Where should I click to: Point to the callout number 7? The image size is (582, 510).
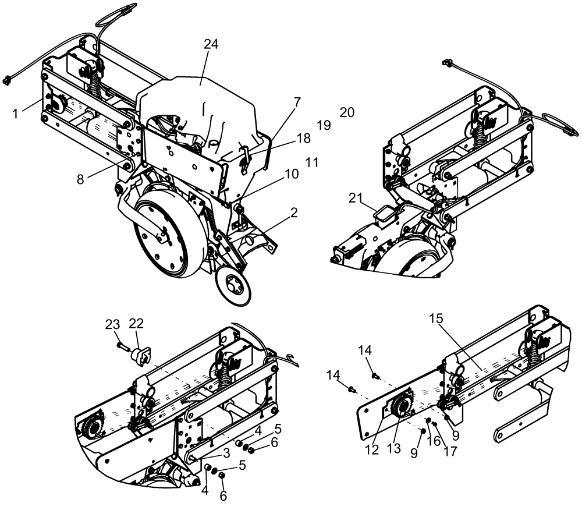coord(297,102)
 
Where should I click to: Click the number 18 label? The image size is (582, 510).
coord(303,138)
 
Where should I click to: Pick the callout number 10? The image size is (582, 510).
coord(291,173)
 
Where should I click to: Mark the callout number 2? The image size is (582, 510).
coord(294,212)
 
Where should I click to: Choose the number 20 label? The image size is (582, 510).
coord(347,112)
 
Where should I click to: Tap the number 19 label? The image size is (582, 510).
coord(324,125)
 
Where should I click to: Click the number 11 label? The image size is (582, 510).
coord(312,162)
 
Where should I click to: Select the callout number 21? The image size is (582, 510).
coord(356,199)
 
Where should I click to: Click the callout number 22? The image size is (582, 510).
coord(136,324)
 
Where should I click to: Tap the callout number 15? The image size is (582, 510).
coord(436,318)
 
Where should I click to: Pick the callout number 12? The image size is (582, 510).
coord(372,449)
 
